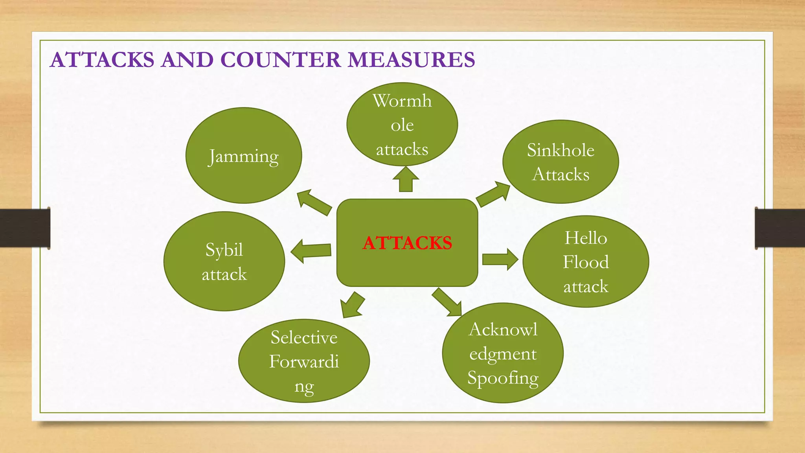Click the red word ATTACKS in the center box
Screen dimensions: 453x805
pyautogui.click(x=407, y=243)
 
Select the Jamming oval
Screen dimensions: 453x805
pyautogui.click(x=244, y=156)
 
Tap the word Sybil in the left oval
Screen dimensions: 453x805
pyautogui.click(x=224, y=250)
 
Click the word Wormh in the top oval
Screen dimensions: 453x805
pyautogui.click(x=402, y=101)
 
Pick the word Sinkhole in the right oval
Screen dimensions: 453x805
pyautogui.click(x=561, y=150)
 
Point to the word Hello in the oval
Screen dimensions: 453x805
pyautogui.click(x=586, y=238)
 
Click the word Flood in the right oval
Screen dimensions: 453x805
pyautogui.click(x=586, y=262)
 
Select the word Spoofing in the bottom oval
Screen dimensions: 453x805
pyautogui.click(x=503, y=378)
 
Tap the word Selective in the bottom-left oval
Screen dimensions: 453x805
pyautogui.click(x=304, y=337)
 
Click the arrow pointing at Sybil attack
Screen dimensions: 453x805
pyautogui.click(x=311, y=251)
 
